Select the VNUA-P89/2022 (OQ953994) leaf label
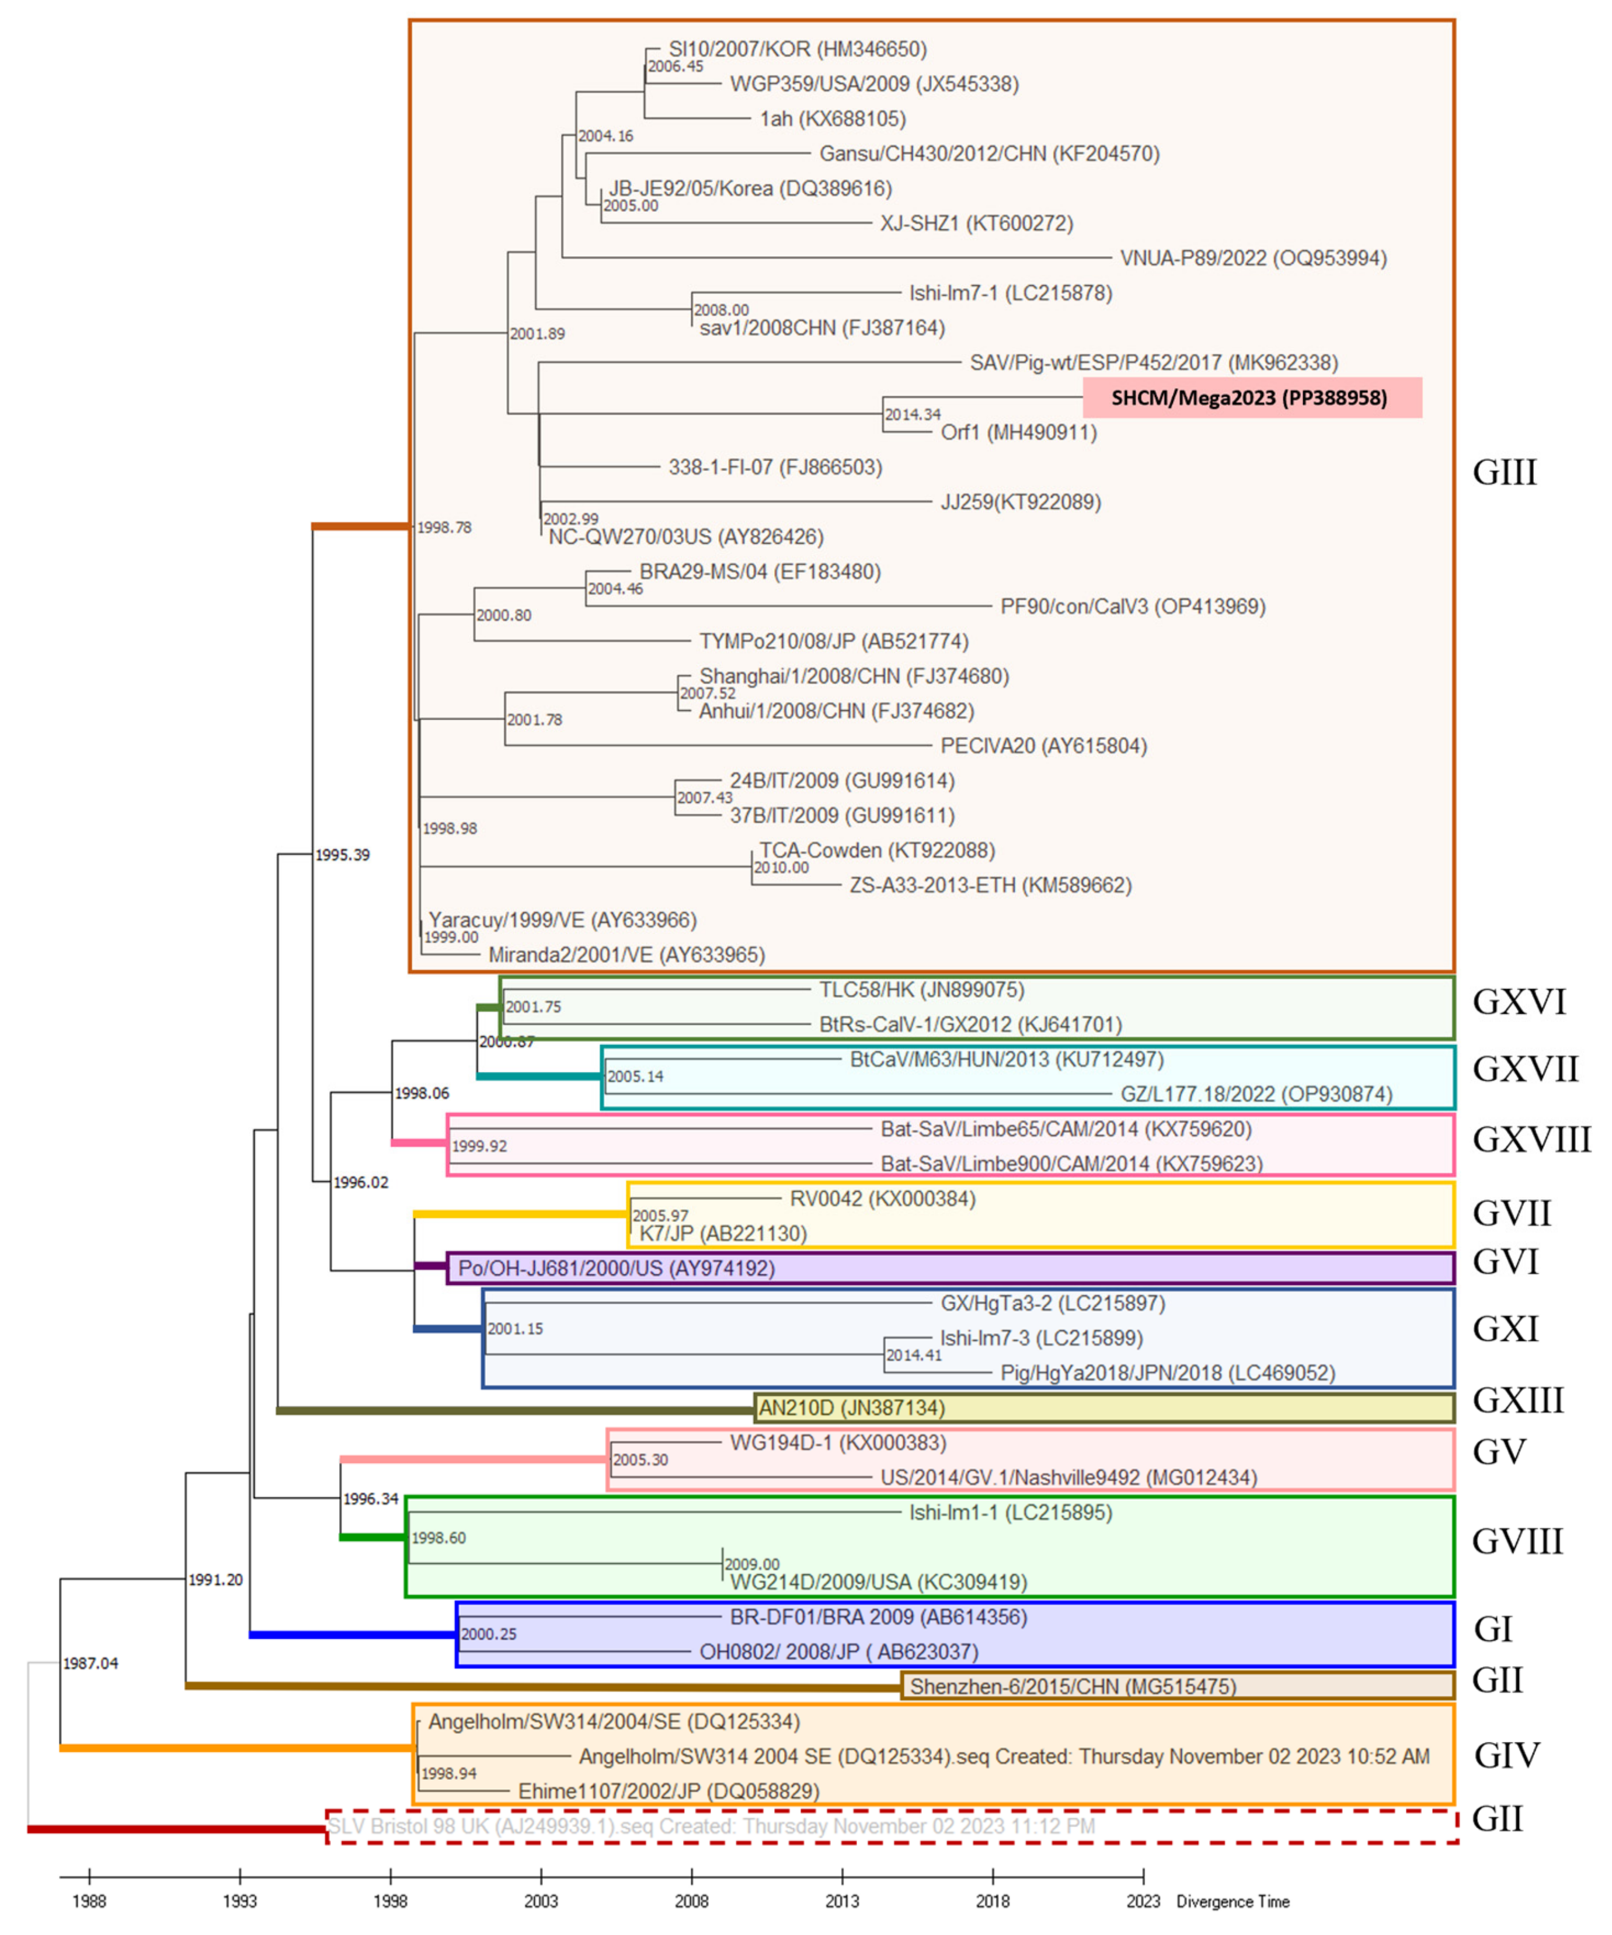(x=1252, y=258)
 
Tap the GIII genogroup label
(x=1504, y=473)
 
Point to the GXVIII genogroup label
(x=1531, y=1140)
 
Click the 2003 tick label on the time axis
(x=541, y=1901)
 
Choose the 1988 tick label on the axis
(x=89, y=1901)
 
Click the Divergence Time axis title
(x=1232, y=1902)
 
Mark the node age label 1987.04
(x=90, y=1663)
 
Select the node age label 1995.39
(x=342, y=855)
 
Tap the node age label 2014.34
(x=913, y=415)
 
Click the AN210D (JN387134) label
(x=852, y=1408)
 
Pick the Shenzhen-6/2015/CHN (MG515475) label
(x=1073, y=1686)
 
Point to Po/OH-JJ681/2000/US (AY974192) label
(x=617, y=1268)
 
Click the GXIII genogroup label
(x=1517, y=1400)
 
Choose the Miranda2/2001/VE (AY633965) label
(x=626, y=955)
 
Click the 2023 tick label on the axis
(x=1143, y=1901)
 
